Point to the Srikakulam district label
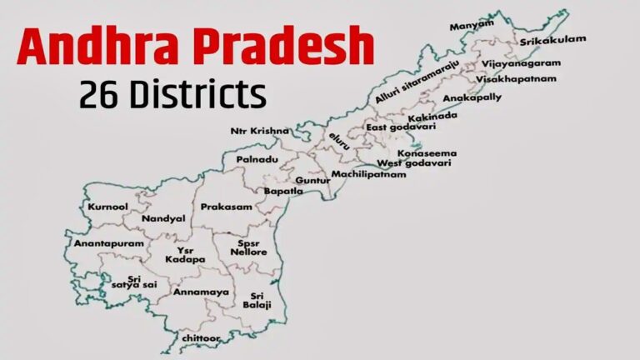pos(553,40)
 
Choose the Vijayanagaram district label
pos(521,62)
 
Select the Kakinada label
pos(433,116)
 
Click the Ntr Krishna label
pos(260,131)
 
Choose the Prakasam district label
pos(226,206)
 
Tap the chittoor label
pos(202,338)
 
